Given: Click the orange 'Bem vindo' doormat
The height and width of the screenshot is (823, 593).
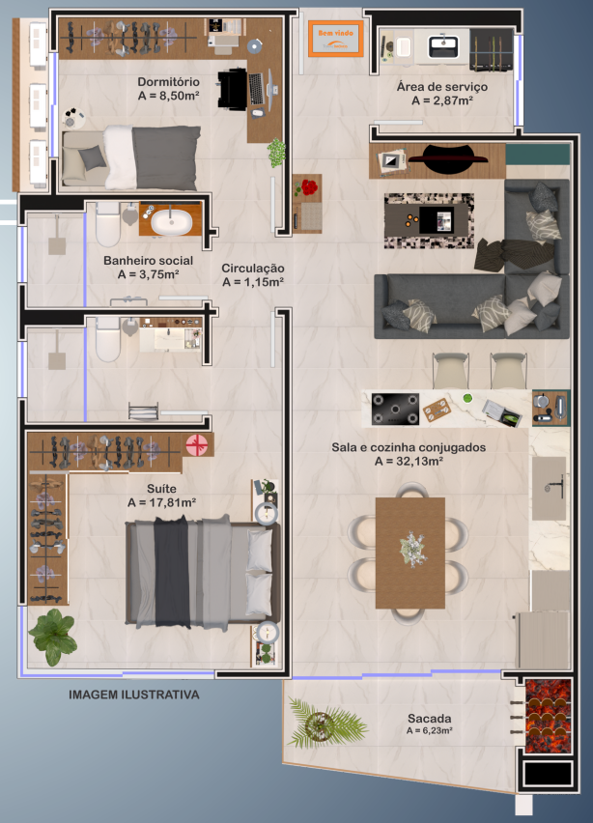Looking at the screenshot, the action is coord(335,38).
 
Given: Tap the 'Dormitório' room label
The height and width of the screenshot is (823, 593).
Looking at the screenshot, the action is coord(168,82).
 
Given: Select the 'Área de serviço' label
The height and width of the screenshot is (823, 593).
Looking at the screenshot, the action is coord(442,87).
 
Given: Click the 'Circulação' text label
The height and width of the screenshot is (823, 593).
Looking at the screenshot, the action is coord(253,269).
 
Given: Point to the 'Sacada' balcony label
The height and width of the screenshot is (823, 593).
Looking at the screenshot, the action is coord(429,718).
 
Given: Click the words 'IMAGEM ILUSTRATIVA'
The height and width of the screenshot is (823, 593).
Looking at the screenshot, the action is coord(134,695).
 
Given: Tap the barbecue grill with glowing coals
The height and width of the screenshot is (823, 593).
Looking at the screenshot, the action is coord(549,717).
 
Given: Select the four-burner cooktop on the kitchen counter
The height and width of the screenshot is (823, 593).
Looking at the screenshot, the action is coord(395,409).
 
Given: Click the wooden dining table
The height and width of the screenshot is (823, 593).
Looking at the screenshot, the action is coord(410,553).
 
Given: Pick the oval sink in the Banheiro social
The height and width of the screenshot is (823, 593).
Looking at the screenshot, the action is coord(171,222).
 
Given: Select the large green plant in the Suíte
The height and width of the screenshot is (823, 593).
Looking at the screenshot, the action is coord(52,637).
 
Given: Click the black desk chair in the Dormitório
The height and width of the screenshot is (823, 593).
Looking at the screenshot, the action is coord(232,89).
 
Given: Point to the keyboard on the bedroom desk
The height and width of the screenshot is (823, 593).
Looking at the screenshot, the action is coord(256,88).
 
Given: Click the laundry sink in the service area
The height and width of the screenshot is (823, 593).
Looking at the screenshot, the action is coord(443,46).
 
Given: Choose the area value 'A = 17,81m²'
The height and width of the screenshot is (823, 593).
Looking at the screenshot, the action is coord(161,503).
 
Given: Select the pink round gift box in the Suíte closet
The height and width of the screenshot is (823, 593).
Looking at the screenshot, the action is coord(197,445).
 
